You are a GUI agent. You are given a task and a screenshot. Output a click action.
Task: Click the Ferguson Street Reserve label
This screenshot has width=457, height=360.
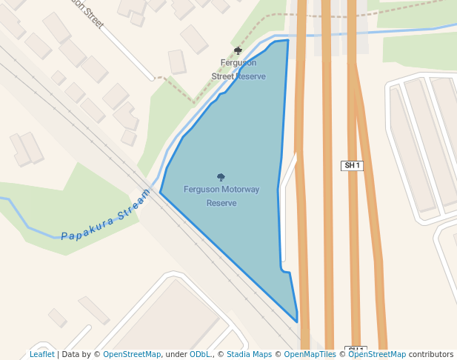coord(238,70)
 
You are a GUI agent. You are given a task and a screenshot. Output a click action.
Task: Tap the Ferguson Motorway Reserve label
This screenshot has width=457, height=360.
coord(221,196)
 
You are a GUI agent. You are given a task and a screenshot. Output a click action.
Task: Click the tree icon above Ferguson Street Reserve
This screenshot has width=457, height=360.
coord(238,50)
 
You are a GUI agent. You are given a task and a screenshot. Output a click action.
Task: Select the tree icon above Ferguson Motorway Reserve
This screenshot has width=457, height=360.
coord(221,177)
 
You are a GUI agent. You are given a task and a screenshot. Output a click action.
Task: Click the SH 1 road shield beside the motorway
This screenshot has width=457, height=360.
coord(352,165)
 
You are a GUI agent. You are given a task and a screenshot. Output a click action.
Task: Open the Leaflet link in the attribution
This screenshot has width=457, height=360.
coord(41,354)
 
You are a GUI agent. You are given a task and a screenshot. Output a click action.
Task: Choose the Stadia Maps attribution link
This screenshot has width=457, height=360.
coord(249,354)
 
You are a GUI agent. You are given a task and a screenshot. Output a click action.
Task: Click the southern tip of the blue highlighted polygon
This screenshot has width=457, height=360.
coord(297,321)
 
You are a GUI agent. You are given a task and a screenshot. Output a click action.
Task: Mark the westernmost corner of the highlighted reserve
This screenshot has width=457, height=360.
coord(160,193)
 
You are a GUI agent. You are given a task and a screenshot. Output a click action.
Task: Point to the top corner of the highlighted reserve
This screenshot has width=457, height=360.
coord(287,41)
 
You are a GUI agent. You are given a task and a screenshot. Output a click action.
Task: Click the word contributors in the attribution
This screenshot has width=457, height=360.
coord(430,354)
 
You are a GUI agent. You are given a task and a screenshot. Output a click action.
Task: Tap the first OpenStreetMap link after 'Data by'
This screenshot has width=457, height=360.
coord(132,354)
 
